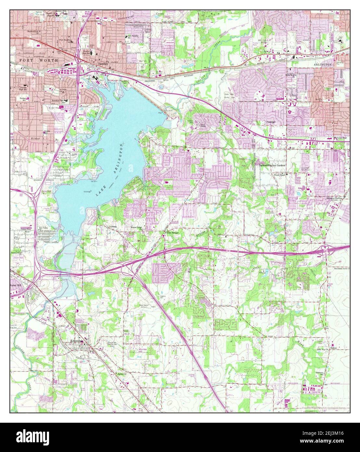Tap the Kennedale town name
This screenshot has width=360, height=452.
coord(77,341)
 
